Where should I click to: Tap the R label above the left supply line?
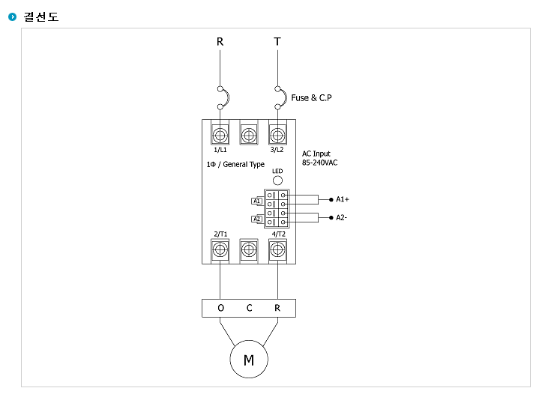coord(220,42)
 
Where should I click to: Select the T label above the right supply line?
coord(277,42)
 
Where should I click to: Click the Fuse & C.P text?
coord(311,97)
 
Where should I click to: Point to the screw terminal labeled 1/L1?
coord(220,135)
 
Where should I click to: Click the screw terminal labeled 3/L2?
coord(277,135)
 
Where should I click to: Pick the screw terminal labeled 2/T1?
coord(220,249)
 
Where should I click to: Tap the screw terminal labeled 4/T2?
coord(277,249)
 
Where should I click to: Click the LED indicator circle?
coord(277,181)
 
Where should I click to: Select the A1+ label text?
coord(342,199)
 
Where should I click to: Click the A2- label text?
coord(341,217)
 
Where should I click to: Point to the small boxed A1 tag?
coord(256,201)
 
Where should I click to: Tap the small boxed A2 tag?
coord(256,219)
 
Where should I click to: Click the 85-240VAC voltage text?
coord(320,163)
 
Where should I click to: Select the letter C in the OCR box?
coord(249,308)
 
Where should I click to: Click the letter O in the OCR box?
coord(221,308)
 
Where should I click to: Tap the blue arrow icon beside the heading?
coord(13,16)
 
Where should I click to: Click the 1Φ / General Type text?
coord(235,164)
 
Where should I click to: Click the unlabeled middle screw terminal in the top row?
coord(249,135)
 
